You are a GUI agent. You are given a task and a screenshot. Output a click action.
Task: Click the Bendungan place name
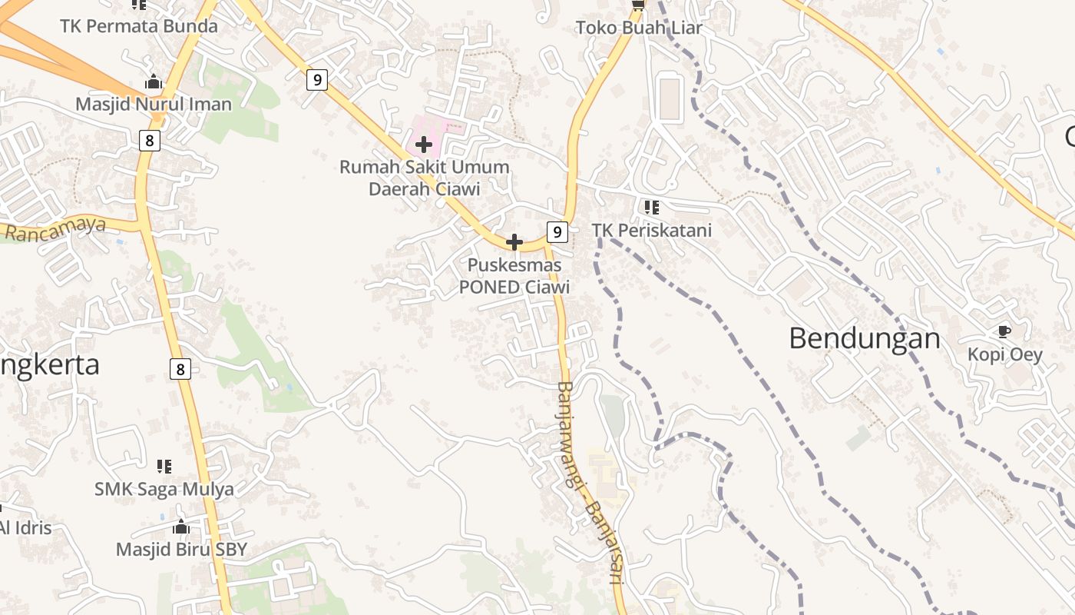click(x=865, y=338)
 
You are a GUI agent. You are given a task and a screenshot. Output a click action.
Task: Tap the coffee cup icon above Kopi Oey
click(x=1004, y=331)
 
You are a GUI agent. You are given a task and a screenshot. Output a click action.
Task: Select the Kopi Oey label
click(x=1004, y=354)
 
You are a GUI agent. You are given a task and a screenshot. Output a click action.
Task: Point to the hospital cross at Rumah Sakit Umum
click(x=423, y=144)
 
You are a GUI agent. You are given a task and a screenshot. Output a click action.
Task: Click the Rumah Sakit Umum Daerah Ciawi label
click(x=425, y=178)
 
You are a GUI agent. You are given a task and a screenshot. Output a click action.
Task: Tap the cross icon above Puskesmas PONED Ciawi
click(x=514, y=243)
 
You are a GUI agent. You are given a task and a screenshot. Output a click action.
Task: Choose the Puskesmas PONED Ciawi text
click(x=514, y=276)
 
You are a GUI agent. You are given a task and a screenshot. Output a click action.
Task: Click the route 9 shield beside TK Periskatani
click(x=557, y=231)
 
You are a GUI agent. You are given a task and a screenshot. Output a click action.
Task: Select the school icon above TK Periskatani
click(x=651, y=207)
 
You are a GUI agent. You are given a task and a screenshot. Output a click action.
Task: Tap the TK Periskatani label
click(x=651, y=230)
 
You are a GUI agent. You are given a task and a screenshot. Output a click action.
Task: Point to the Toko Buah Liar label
click(x=639, y=28)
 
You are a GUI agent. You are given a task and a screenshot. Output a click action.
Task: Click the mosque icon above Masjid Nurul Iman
click(x=154, y=81)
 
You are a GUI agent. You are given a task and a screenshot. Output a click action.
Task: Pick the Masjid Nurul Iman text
click(x=154, y=104)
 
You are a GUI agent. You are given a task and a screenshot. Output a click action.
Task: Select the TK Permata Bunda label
click(x=139, y=25)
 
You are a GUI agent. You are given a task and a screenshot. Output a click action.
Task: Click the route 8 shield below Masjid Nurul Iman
click(x=150, y=140)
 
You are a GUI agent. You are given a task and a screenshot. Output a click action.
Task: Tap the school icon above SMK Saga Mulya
click(x=164, y=466)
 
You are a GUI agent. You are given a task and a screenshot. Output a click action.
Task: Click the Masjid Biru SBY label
click(x=182, y=549)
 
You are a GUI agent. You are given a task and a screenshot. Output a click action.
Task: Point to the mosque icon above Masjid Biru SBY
click(x=181, y=527)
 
